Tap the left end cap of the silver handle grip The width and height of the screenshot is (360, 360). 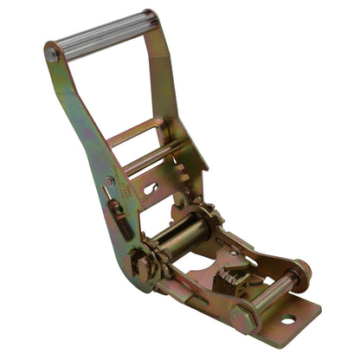point(53,54)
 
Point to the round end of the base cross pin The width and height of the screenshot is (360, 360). point(301,275)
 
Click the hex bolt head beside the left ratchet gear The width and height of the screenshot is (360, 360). point(138,266)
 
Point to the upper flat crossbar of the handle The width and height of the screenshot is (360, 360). point(136,132)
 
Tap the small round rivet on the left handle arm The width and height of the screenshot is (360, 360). point(110,181)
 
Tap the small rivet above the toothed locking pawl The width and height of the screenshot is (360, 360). point(232,254)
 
